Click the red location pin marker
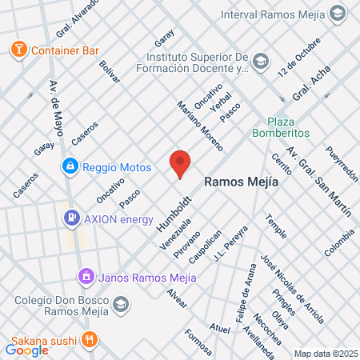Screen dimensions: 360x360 coord(180,163)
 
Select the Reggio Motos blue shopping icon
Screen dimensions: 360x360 coord(70,166)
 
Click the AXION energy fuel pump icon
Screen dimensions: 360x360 coord(72,216)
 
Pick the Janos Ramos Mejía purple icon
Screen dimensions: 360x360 coord(86,277)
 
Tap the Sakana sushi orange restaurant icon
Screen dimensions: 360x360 coord(91,338)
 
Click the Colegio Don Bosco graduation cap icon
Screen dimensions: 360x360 coord(120,304)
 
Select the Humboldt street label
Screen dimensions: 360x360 coord(168,210)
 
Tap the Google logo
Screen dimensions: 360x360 coord(26,349)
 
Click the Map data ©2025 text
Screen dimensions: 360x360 coord(324,354)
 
